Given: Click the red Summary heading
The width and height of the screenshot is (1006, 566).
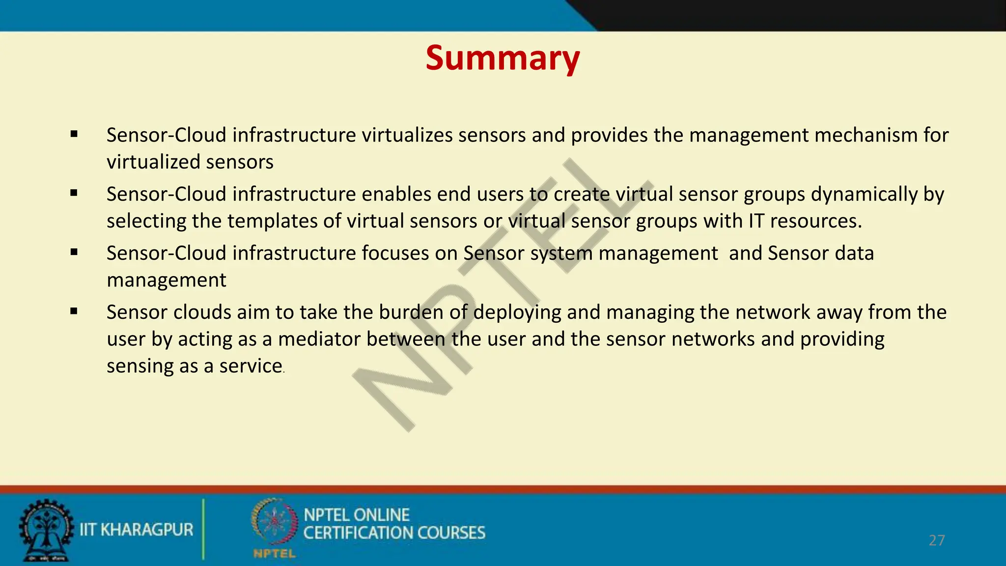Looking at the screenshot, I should coord(503,58).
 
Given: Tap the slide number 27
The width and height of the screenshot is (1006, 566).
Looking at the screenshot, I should coord(937,540).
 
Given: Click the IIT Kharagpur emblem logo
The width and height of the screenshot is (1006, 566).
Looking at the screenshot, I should coord(46,531).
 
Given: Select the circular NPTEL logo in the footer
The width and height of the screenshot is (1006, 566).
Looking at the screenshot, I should coord(274,522).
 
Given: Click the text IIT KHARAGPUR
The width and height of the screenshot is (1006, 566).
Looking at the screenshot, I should coord(137,530).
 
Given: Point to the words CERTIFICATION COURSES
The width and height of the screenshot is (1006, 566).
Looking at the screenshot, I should coord(394,533).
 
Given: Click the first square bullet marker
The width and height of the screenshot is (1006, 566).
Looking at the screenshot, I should coord(74,134).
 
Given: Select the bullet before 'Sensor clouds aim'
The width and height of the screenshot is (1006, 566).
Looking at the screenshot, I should coord(74,311).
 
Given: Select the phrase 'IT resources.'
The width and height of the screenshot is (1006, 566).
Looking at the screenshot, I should coord(805,221).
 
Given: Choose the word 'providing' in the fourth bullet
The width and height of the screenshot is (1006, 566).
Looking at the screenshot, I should coord(842,340).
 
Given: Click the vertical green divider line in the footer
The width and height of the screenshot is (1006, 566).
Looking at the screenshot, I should coord(203,529).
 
